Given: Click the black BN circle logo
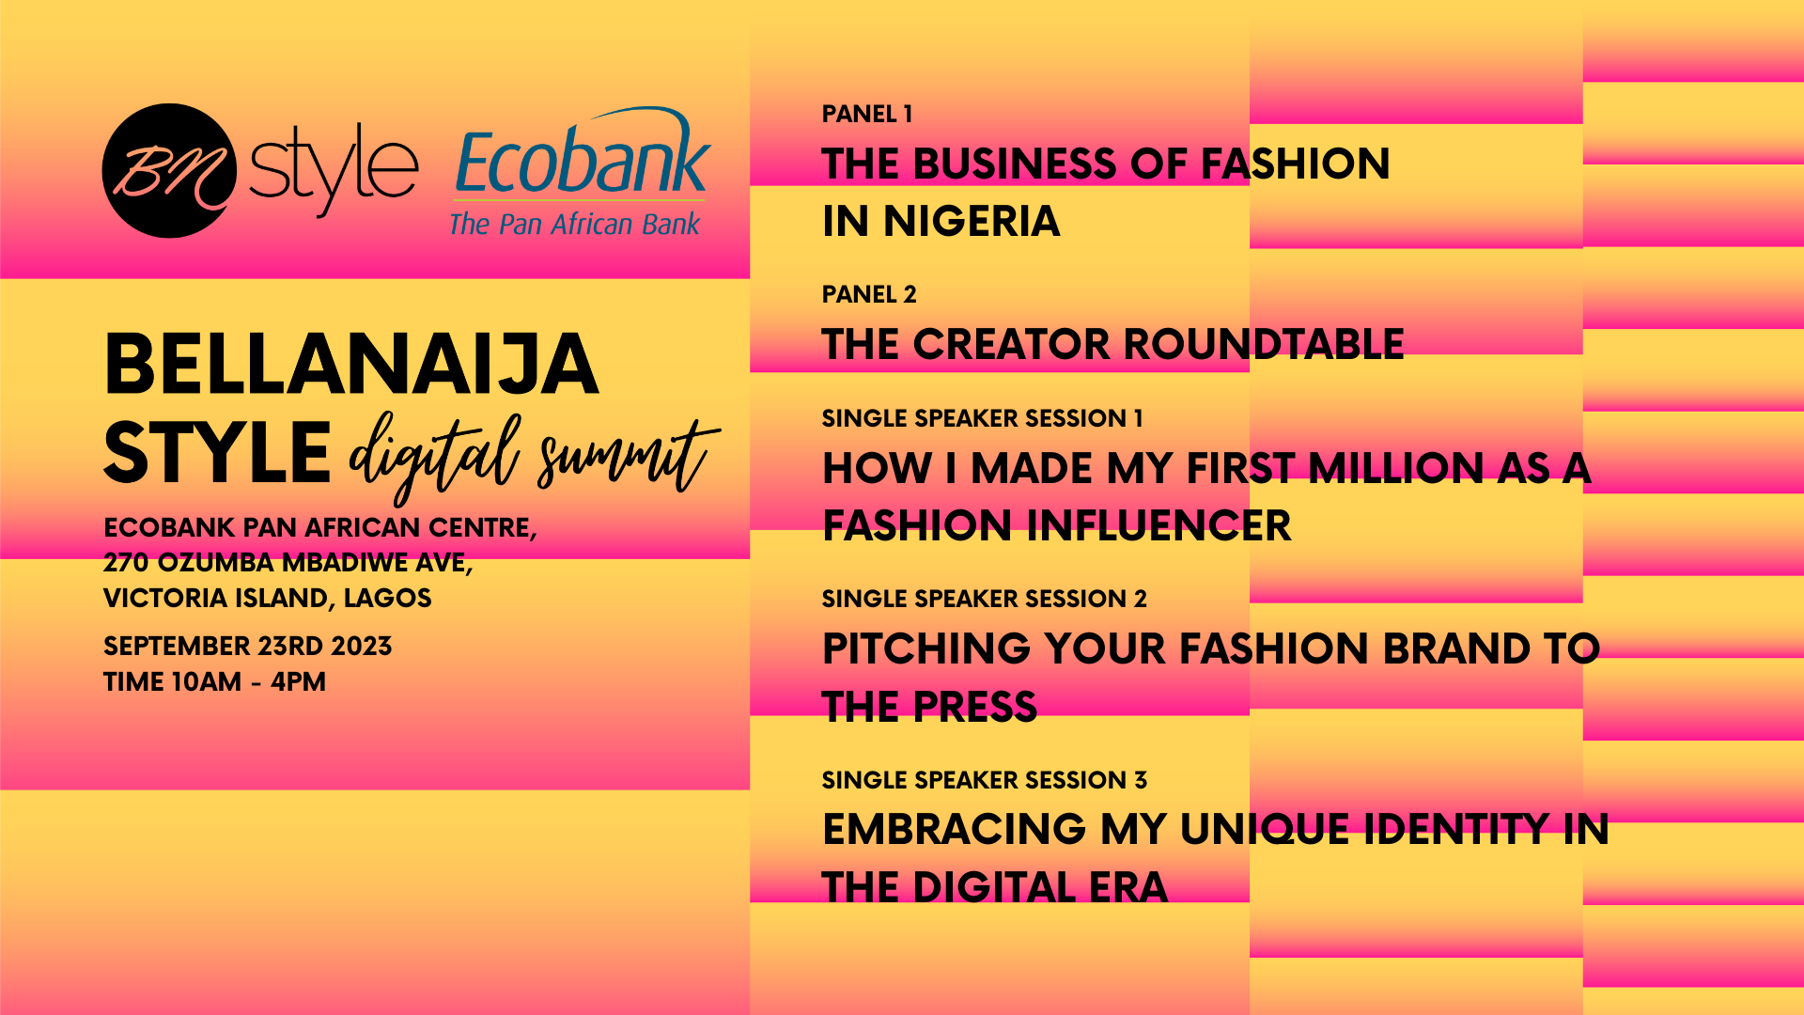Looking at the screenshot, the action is coord(169,170).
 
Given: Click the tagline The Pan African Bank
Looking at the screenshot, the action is coord(575,224).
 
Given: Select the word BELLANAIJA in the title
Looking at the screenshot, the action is coord(351,365).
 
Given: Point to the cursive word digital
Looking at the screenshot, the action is coord(434,456).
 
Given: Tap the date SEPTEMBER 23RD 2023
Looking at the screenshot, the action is coord(248,646).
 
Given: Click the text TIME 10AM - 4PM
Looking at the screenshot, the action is coord(214,681).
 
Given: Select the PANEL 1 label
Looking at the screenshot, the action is coord(867,114).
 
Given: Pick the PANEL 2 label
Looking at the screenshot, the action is coord(869,294).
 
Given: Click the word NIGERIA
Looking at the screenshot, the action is coord(972,222).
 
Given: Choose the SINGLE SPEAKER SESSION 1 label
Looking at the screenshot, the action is coord(983,418).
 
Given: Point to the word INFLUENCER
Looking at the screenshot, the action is coord(1159,525).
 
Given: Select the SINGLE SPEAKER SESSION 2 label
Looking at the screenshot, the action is coord(985,599).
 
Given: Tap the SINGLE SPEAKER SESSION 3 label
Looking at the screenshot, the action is coord(985,780).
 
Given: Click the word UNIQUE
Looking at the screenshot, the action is coord(1266,830).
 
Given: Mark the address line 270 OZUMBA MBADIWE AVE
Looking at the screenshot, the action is coord(288,562).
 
